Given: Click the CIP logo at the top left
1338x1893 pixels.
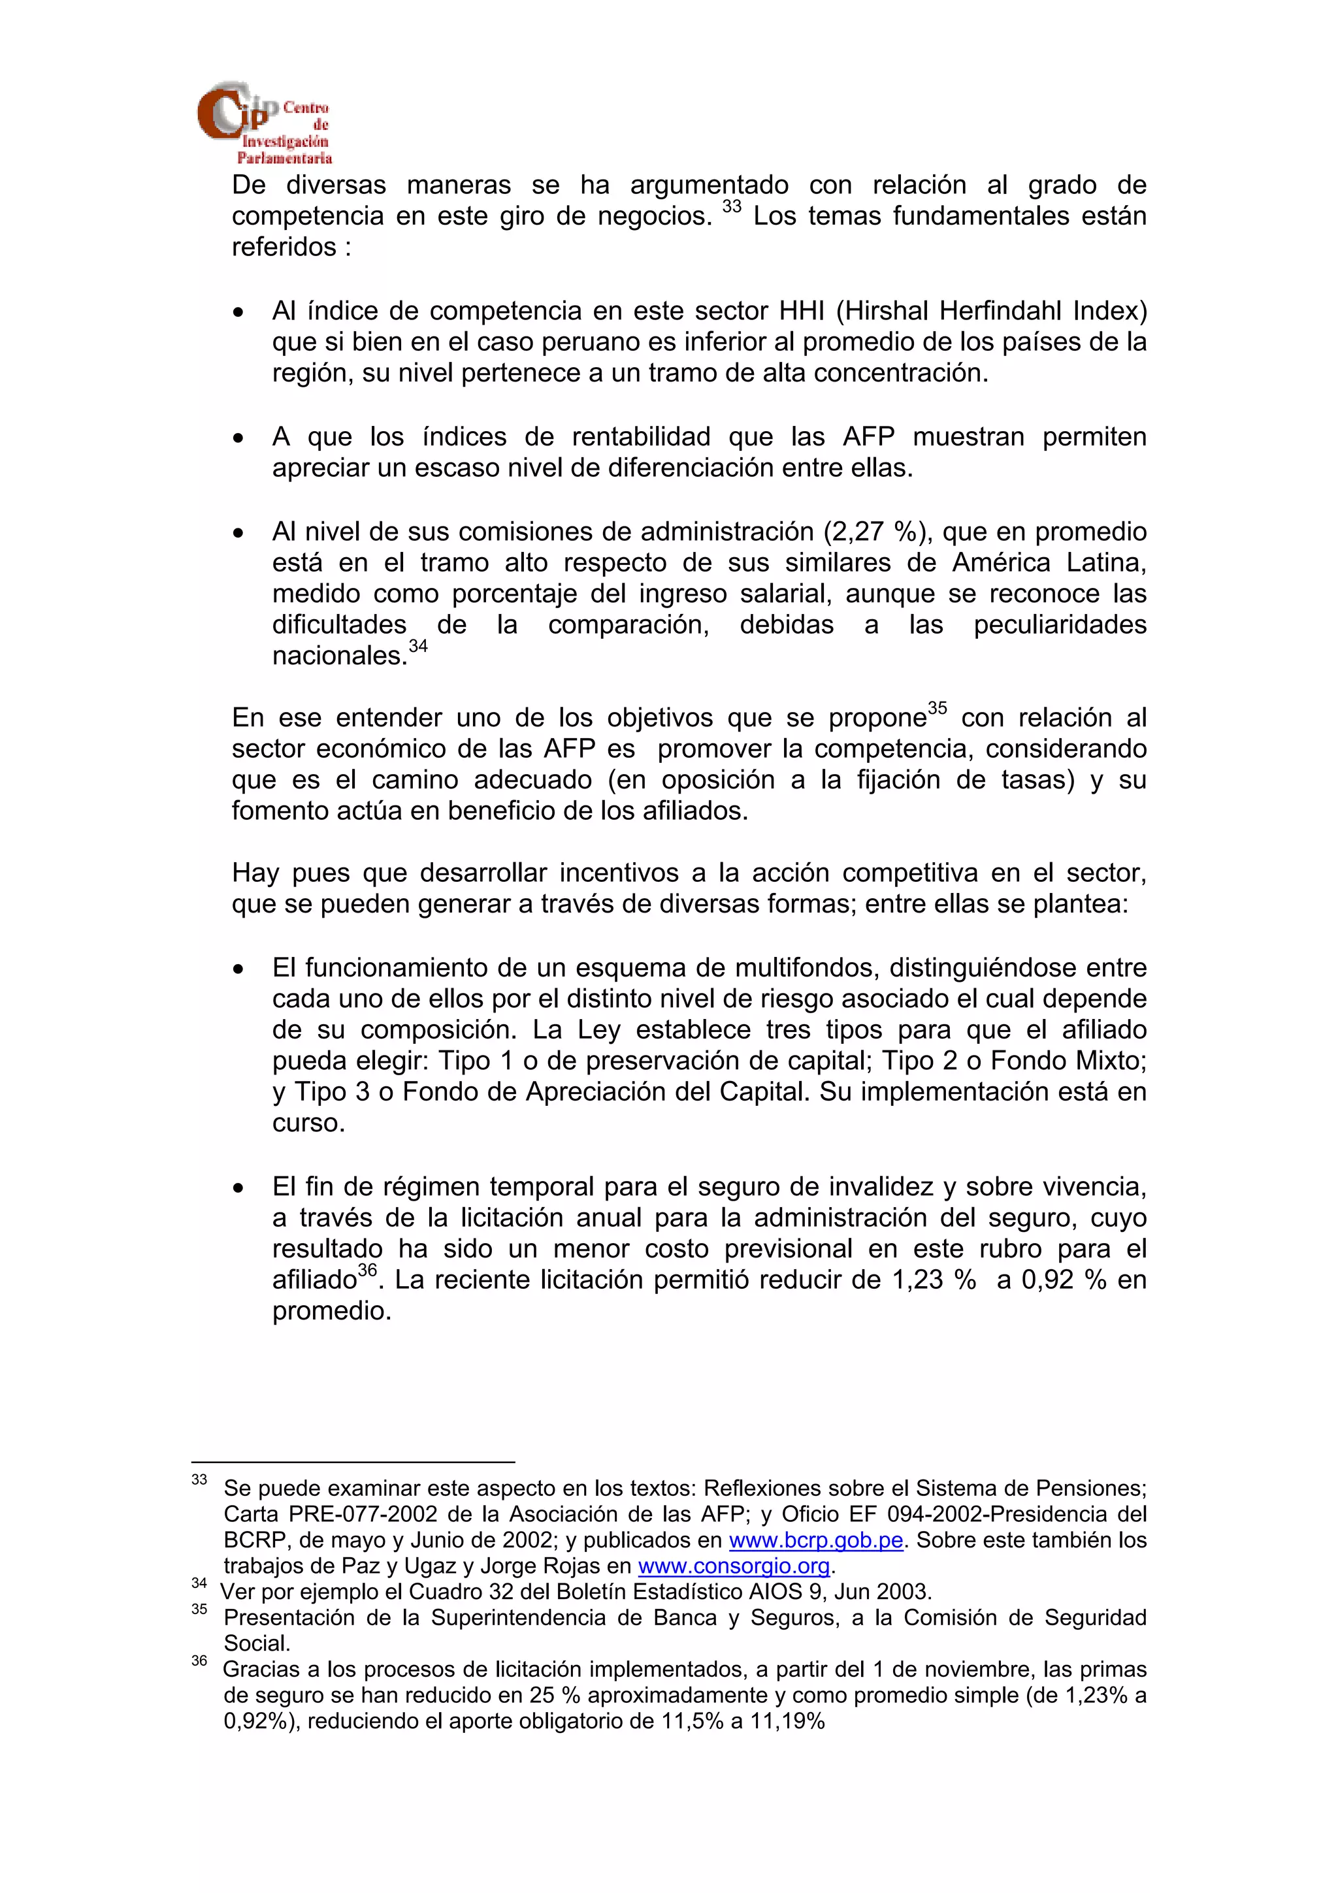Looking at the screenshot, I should coord(263,122).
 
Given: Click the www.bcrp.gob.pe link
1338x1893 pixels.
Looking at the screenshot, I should coord(815,1540).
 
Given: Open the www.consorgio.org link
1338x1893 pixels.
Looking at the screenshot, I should coord(734,1566).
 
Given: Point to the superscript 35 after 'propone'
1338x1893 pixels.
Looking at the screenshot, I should coord(938,707).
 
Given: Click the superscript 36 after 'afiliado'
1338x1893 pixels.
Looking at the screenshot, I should coord(367,1270).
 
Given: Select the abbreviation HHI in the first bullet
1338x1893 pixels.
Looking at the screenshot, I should coord(802,311).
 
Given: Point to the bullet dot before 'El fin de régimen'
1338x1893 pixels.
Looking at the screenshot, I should coord(238,1188).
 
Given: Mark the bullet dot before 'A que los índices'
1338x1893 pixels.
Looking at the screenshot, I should coord(238,438).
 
